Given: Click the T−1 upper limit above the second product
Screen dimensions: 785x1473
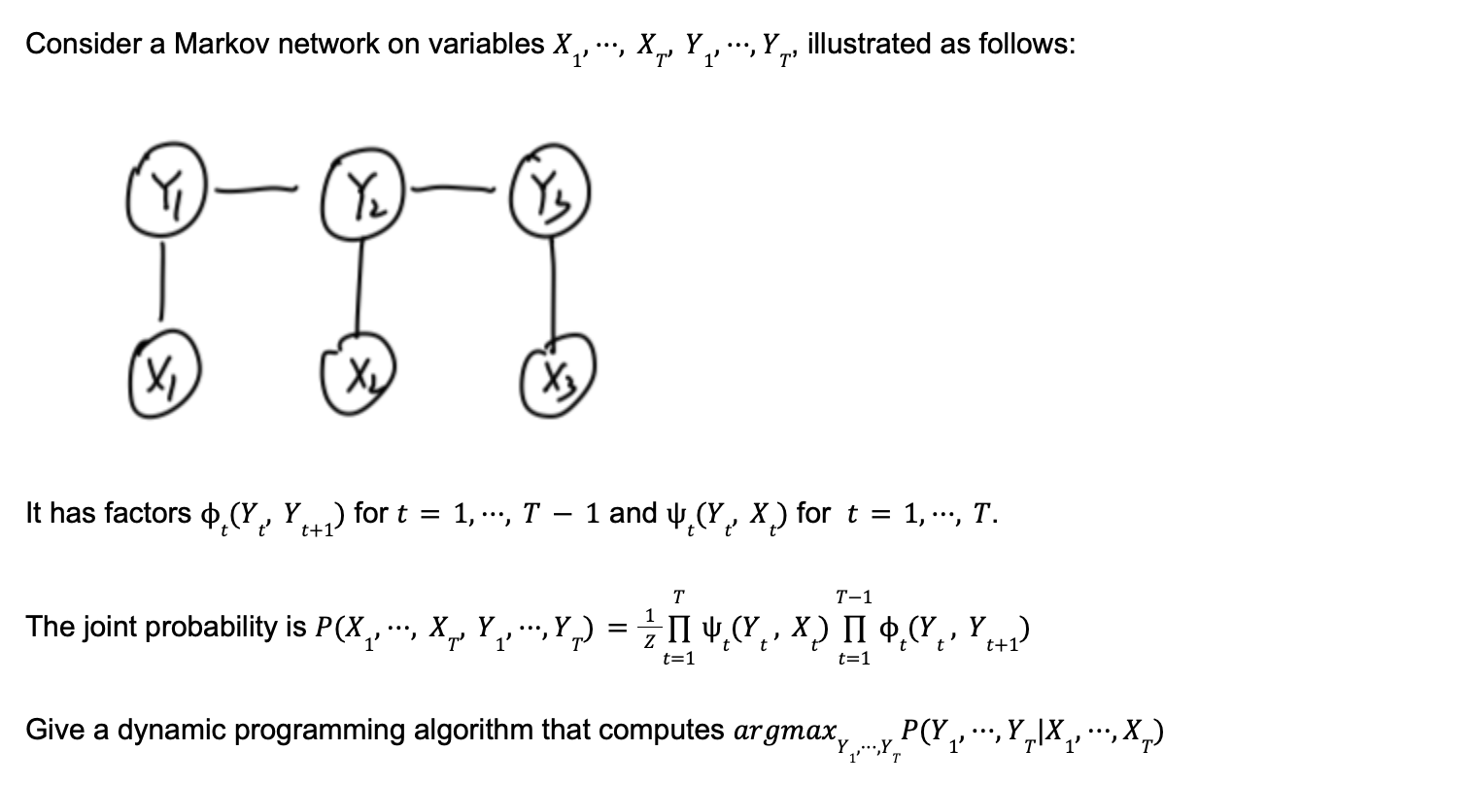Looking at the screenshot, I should tap(854, 596).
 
